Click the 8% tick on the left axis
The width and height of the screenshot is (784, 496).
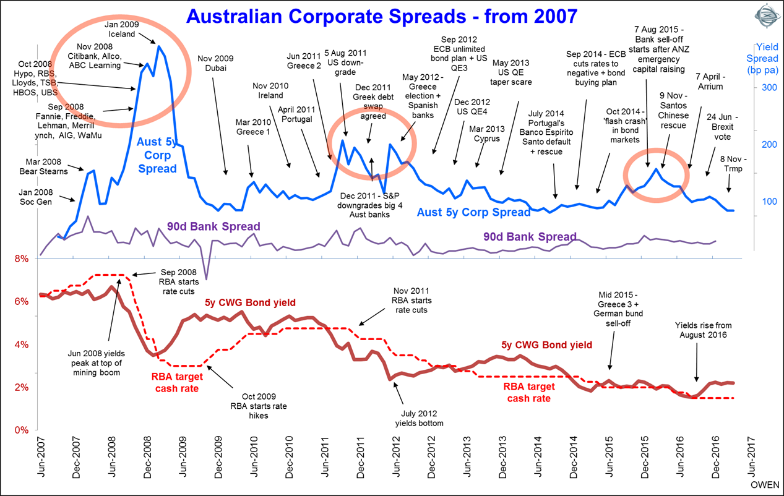click(21, 259)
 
